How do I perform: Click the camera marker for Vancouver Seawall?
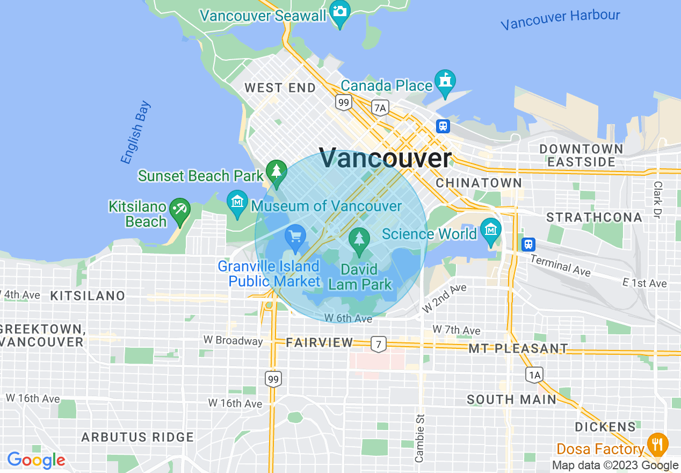pos(339,11)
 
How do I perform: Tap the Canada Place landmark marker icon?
pos(445,81)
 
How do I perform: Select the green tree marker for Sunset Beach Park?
pos(277,171)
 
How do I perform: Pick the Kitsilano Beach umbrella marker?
pos(179,209)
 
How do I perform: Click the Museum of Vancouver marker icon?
pos(237,202)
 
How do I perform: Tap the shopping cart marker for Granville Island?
pos(295,236)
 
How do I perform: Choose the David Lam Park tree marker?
pos(359,239)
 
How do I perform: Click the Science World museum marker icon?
pos(490,230)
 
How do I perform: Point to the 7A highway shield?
pos(380,108)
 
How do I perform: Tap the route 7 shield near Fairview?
pos(379,344)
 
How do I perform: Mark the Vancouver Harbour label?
pos(560,20)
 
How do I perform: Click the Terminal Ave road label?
pos(560,264)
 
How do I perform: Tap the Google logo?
pos(36,460)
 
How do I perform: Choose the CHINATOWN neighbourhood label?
pos(479,183)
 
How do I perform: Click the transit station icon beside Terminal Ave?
pos(528,244)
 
